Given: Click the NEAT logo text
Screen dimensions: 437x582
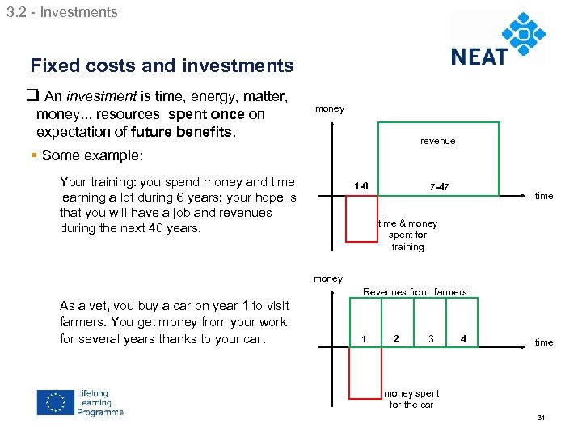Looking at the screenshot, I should click(479, 55).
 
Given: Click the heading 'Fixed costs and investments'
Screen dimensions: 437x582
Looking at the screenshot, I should click(162, 66).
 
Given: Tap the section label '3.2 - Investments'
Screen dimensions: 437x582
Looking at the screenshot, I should click(61, 12).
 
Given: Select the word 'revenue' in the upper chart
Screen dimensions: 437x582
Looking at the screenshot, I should click(437, 141).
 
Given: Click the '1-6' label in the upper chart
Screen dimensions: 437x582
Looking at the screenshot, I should click(361, 187).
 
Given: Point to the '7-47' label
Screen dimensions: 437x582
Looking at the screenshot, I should click(439, 188).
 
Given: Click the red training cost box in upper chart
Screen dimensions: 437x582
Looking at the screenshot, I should click(361, 218).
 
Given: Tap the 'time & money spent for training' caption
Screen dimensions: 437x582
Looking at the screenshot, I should click(407, 235).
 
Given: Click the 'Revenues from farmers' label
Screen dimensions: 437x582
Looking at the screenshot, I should click(415, 291).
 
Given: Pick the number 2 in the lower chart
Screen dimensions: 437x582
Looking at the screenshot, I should click(395, 338).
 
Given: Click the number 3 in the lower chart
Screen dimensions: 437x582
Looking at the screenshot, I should click(431, 338).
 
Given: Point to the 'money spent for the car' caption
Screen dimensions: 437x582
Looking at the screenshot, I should click(411, 399).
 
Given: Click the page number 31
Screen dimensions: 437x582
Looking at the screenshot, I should click(542, 418).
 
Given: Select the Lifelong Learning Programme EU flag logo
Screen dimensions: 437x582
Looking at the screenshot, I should click(55, 402).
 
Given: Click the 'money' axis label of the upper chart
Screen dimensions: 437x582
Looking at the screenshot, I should click(329, 108).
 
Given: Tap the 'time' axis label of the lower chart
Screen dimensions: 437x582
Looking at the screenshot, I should click(544, 342).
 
